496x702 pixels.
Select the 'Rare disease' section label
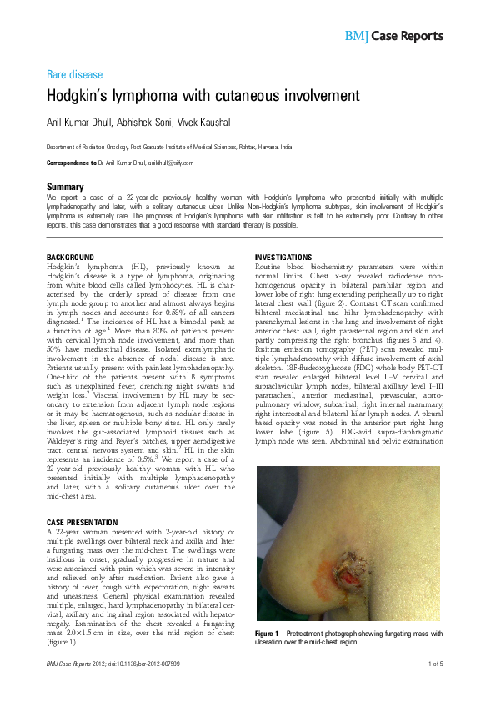tap(74, 74)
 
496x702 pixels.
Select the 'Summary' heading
tap(65, 187)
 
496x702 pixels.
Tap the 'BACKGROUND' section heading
tap(70, 257)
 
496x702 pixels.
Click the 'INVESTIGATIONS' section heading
tap(283, 257)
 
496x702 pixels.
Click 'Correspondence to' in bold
tap(73, 163)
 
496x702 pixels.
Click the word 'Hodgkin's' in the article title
tap(79, 96)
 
